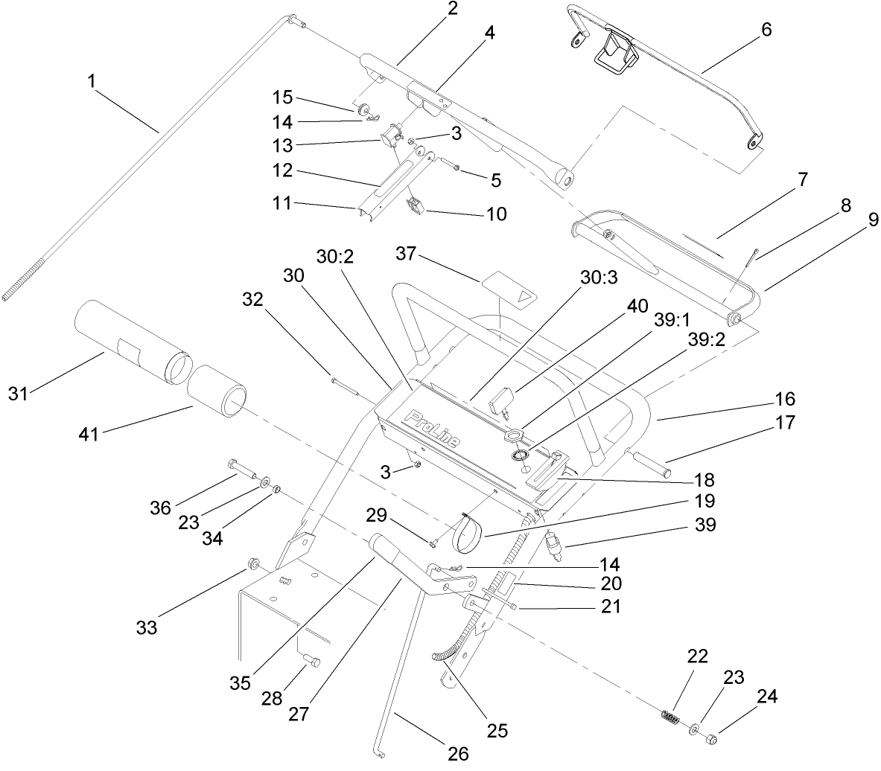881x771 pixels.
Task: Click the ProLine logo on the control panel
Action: (432, 429)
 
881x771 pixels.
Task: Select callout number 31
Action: (18, 392)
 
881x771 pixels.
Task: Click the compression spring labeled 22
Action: (670, 720)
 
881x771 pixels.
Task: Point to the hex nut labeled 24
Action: (711, 739)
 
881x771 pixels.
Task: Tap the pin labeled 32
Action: (345, 385)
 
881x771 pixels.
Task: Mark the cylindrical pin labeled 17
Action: (652, 466)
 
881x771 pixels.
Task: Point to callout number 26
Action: (458, 754)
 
